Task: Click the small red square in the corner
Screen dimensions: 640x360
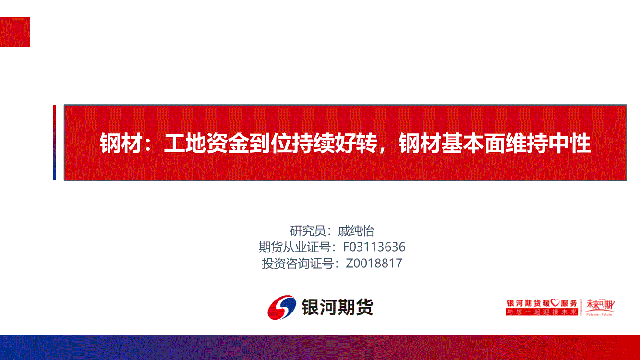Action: coord(15,32)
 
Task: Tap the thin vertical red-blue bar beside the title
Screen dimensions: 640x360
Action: coord(54,142)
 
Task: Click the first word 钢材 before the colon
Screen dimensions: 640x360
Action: coord(121,144)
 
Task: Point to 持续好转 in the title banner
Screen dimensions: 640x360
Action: coord(335,144)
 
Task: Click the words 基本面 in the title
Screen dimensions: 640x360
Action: coord(473,144)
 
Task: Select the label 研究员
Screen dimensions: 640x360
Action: coord(308,231)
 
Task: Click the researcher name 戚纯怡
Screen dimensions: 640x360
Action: coord(356,231)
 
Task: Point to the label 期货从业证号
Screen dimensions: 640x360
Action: coord(295,247)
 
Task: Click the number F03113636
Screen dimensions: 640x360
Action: coord(374,247)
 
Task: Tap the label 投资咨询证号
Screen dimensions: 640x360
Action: coord(298,264)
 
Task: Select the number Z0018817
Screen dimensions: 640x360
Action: coord(374,264)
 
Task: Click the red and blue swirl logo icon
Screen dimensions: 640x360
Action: coord(282,307)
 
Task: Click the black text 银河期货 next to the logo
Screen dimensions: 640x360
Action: coord(338,307)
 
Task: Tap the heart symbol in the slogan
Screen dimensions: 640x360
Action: coord(555,302)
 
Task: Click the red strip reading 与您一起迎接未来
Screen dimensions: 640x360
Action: coord(542,312)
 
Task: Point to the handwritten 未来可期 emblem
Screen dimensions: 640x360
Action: coord(600,305)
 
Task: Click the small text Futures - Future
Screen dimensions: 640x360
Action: coord(599,314)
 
